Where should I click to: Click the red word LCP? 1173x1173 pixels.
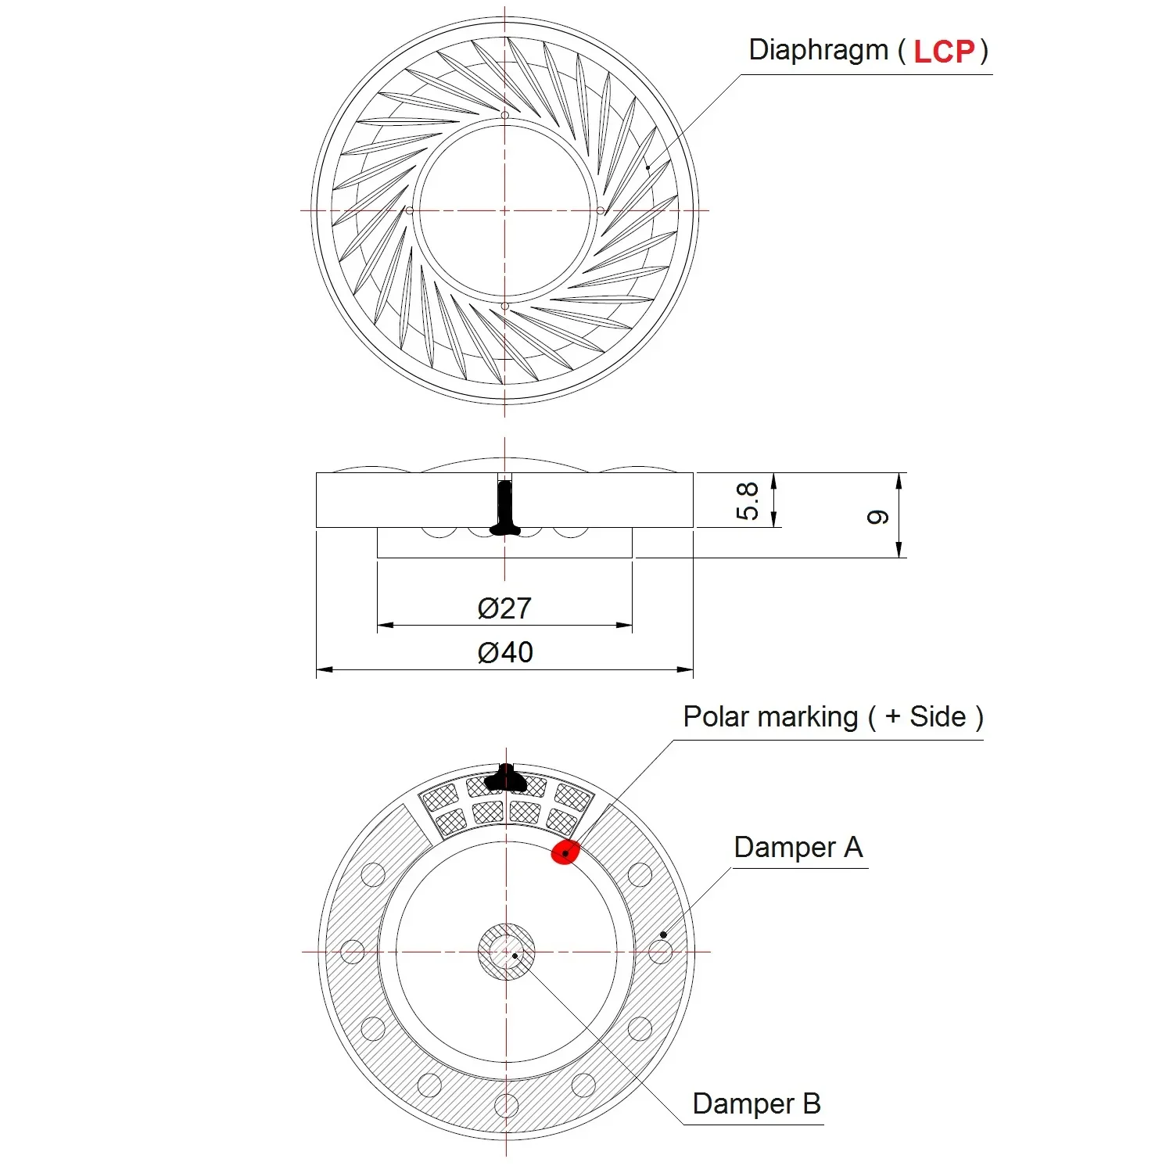coord(945,52)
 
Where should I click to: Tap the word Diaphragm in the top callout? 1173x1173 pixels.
coord(819,50)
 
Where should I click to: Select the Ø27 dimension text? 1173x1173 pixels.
coord(504,608)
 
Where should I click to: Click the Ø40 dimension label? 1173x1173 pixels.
coord(505,652)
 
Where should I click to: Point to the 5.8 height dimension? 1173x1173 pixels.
coord(748,501)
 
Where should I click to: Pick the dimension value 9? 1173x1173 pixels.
coord(878,517)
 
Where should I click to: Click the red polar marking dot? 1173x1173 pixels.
coord(565,852)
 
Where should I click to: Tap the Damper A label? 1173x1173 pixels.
coord(798,847)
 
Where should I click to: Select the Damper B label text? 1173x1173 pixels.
coord(756,1103)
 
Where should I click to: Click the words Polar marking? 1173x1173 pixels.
coord(770,716)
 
